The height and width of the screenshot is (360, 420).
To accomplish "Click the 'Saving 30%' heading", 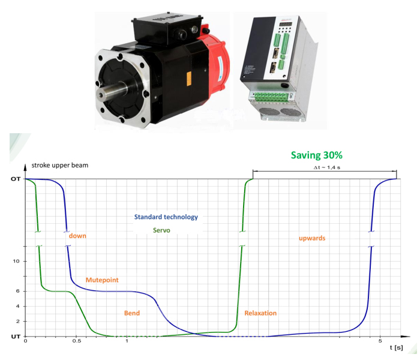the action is click(x=317, y=155).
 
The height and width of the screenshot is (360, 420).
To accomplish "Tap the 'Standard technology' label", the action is click(x=166, y=217).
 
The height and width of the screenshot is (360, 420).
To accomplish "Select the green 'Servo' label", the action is click(x=161, y=230).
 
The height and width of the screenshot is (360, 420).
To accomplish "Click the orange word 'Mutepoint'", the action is click(x=102, y=280).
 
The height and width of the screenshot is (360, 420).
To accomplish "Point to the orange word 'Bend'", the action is click(x=132, y=313).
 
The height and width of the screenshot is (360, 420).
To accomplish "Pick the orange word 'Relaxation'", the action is click(x=260, y=313).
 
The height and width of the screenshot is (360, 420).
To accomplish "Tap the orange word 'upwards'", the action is click(x=312, y=238).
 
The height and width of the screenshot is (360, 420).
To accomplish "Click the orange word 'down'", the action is click(x=77, y=236).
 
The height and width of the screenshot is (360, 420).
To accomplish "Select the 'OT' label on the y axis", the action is click(x=15, y=179).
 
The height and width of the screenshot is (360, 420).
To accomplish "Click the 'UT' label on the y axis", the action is click(x=16, y=337).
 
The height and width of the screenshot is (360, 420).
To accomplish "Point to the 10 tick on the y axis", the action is click(x=16, y=261).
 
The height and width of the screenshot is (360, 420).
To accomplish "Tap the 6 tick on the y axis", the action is click(x=17, y=291).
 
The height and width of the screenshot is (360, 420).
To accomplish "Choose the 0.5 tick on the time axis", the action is click(x=77, y=341).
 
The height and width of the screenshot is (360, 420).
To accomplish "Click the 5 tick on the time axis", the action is click(x=380, y=341).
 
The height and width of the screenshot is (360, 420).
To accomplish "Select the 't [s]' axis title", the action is click(x=397, y=347).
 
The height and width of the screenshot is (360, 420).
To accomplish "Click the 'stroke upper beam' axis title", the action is click(x=60, y=165).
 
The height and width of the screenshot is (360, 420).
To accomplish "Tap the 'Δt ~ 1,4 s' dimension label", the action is click(x=327, y=167).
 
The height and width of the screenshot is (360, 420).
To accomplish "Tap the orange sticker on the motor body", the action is click(x=189, y=79).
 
